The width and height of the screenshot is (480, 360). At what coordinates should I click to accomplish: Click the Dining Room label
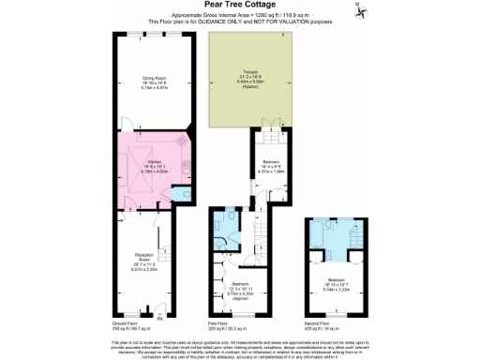154,82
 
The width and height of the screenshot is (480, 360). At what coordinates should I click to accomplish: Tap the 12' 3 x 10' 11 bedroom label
240,288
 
